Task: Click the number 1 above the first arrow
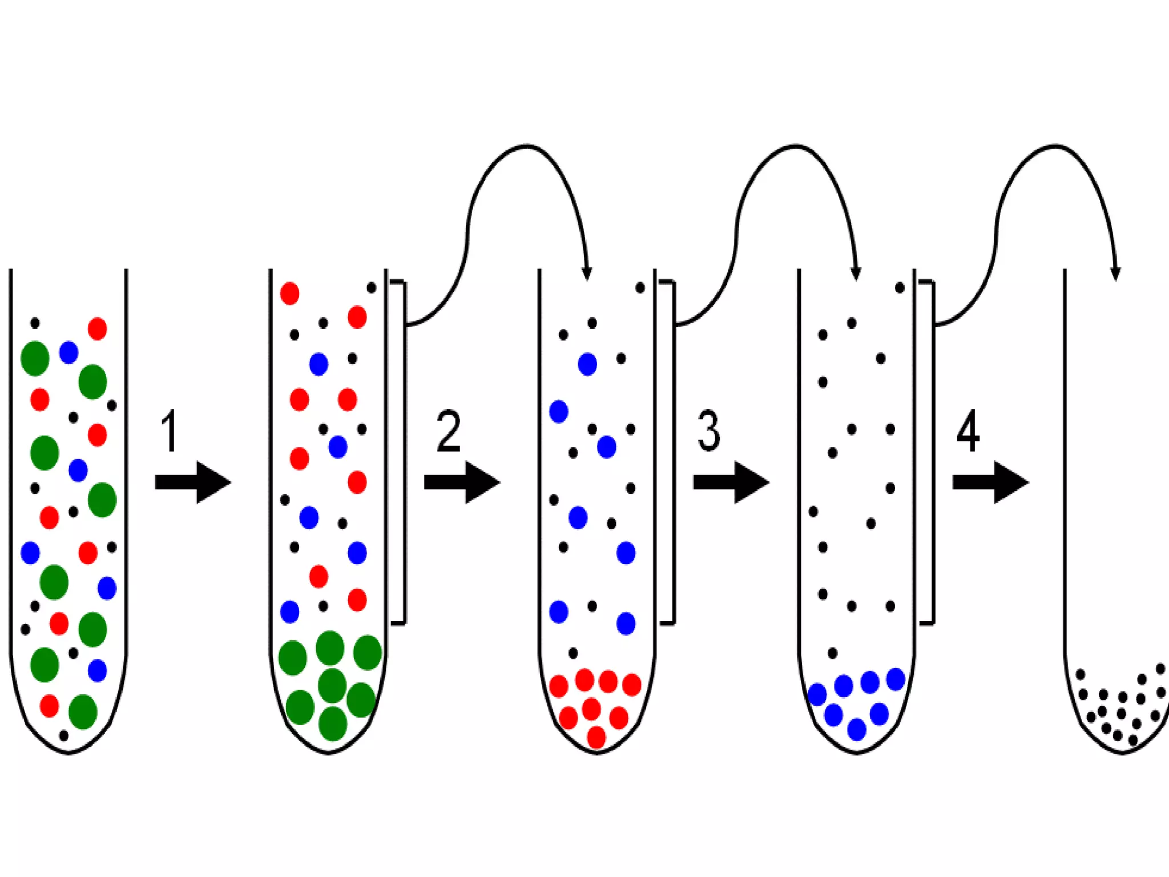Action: (x=170, y=431)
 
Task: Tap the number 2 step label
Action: (x=448, y=431)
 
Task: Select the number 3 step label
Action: (x=708, y=431)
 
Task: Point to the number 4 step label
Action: (x=968, y=431)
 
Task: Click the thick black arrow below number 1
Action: (x=192, y=482)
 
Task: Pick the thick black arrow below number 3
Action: (x=731, y=482)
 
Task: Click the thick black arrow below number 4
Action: (x=990, y=482)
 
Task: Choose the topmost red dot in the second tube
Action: (x=289, y=293)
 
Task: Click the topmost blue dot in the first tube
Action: (x=68, y=352)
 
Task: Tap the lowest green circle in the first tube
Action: (x=83, y=711)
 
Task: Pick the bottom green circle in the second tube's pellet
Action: (x=333, y=723)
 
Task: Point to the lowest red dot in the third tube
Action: (x=596, y=737)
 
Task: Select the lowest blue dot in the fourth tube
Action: (x=857, y=729)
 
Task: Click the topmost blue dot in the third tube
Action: (x=587, y=364)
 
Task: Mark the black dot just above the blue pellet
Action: (x=832, y=653)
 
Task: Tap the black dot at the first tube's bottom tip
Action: (x=64, y=735)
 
